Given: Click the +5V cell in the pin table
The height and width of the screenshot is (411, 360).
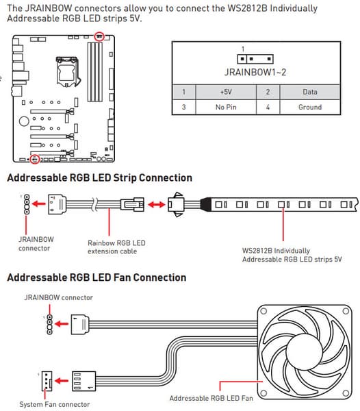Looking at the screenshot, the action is click(x=226, y=92).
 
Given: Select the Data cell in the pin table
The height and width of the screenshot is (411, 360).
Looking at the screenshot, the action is click(x=310, y=92).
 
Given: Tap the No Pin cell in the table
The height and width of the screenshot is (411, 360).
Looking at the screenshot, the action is click(x=226, y=107).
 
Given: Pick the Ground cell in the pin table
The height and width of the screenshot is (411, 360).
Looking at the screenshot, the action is click(x=310, y=107).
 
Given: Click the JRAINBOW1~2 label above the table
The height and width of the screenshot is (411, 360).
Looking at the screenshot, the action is click(x=255, y=72).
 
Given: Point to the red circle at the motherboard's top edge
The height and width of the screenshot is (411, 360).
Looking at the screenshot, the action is click(x=99, y=36).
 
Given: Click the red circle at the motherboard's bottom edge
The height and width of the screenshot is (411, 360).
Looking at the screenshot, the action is click(x=34, y=159).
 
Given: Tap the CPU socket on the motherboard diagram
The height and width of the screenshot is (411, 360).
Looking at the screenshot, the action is click(x=67, y=71).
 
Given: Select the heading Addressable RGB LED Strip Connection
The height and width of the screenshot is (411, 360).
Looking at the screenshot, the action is click(x=99, y=177).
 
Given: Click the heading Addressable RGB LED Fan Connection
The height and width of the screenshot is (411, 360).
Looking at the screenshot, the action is click(x=97, y=277).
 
